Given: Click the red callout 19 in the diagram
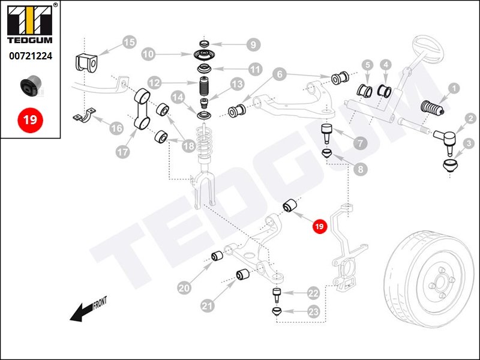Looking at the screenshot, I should coord(319,226).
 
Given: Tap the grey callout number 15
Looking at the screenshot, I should coord(129,43).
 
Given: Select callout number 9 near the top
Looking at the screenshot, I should coord(253,44).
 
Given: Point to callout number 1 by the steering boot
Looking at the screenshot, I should coord(454,88).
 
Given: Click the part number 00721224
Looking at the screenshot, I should coord(30,56).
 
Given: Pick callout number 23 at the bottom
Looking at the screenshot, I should coord(313,311).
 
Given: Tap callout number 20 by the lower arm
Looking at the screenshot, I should coord(184,288).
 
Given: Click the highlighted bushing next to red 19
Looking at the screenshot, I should coord(291,206).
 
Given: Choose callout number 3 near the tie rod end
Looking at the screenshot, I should coord(469,143).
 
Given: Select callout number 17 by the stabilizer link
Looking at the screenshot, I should coord(122,152).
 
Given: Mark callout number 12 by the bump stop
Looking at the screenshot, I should coord(154,82).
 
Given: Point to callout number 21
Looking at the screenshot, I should coord(208,306).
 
